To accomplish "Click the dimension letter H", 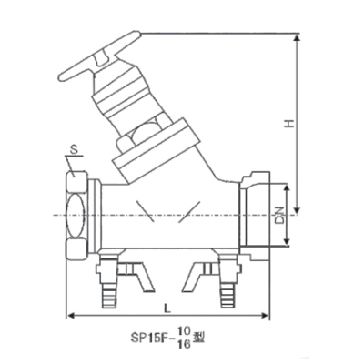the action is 289,123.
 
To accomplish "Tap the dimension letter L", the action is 167,308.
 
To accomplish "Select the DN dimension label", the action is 280,216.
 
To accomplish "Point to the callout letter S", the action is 74,149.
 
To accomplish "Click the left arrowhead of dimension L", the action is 70,316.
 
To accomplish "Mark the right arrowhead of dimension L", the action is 265,316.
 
